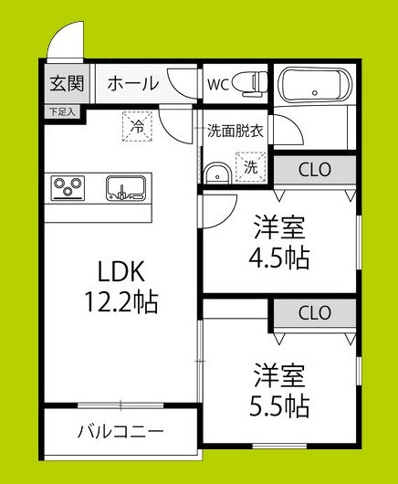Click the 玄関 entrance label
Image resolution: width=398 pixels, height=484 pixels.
[x=67, y=84]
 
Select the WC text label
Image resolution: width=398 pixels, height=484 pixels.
[x=219, y=84]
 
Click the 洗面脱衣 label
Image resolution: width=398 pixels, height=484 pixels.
[x=235, y=130]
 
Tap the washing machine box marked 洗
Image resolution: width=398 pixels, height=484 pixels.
[x=249, y=166]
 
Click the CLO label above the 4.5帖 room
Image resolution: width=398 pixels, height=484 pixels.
[x=316, y=170]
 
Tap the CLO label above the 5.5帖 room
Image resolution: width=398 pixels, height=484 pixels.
[x=314, y=312]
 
